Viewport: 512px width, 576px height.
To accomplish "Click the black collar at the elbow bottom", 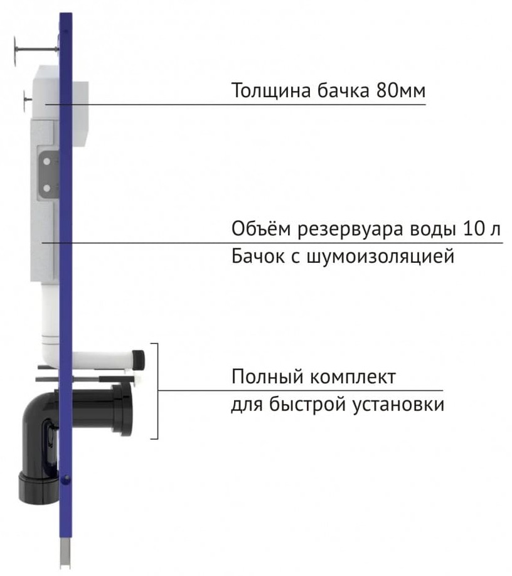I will (x=34, y=488).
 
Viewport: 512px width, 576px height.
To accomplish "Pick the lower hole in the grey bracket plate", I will (x=46, y=188).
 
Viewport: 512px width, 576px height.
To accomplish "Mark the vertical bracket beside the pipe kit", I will (x=156, y=390).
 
